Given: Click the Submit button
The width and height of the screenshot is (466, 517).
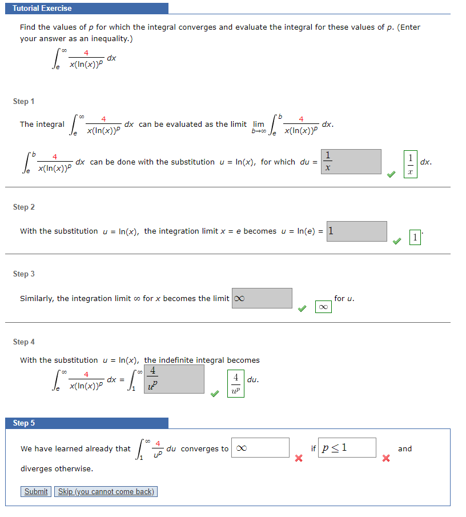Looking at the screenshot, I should [x=36, y=491].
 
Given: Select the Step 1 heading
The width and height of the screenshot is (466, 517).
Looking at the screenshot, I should [x=24, y=101].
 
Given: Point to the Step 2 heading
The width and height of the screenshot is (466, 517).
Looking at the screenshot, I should [x=24, y=207].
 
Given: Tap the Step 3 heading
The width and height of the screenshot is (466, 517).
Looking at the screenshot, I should [x=24, y=274].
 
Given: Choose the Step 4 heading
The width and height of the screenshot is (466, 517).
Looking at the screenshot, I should [x=24, y=342].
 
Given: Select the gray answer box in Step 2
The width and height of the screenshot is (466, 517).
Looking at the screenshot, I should [x=356, y=231].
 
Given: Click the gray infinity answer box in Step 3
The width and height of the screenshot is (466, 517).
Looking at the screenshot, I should [x=262, y=298].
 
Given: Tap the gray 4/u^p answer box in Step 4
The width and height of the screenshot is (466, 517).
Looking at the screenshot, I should [x=174, y=379].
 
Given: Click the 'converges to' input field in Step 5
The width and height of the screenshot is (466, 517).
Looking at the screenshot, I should [x=260, y=448].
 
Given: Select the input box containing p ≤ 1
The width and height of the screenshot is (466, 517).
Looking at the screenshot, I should [x=347, y=448].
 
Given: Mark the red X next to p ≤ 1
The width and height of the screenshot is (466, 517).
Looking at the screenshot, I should [x=385, y=458].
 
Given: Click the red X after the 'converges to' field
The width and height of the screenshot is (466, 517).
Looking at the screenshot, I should [x=298, y=458].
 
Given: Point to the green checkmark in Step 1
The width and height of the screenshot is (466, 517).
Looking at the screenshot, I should [x=391, y=174].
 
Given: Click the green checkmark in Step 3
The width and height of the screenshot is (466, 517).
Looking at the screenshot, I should [x=302, y=308].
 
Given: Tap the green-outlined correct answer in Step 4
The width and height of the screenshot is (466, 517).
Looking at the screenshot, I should [x=235, y=384].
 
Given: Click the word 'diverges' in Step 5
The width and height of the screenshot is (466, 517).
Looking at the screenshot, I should [x=36, y=468].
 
